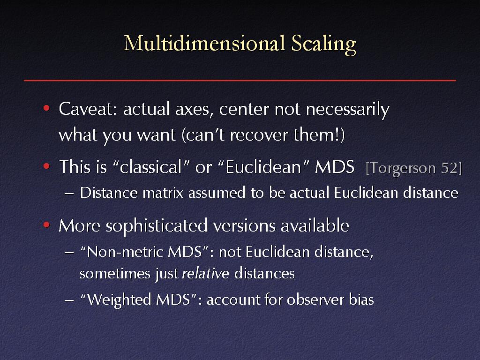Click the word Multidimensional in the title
[x=204, y=43]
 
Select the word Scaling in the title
[x=323, y=45]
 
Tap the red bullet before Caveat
[x=46, y=108]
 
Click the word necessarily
[x=347, y=110]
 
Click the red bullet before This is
[x=46, y=166]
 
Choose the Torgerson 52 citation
[x=414, y=168]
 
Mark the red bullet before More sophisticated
[x=46, y=225]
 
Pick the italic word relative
[x=205, y=273]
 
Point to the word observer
[x=315, y=300]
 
